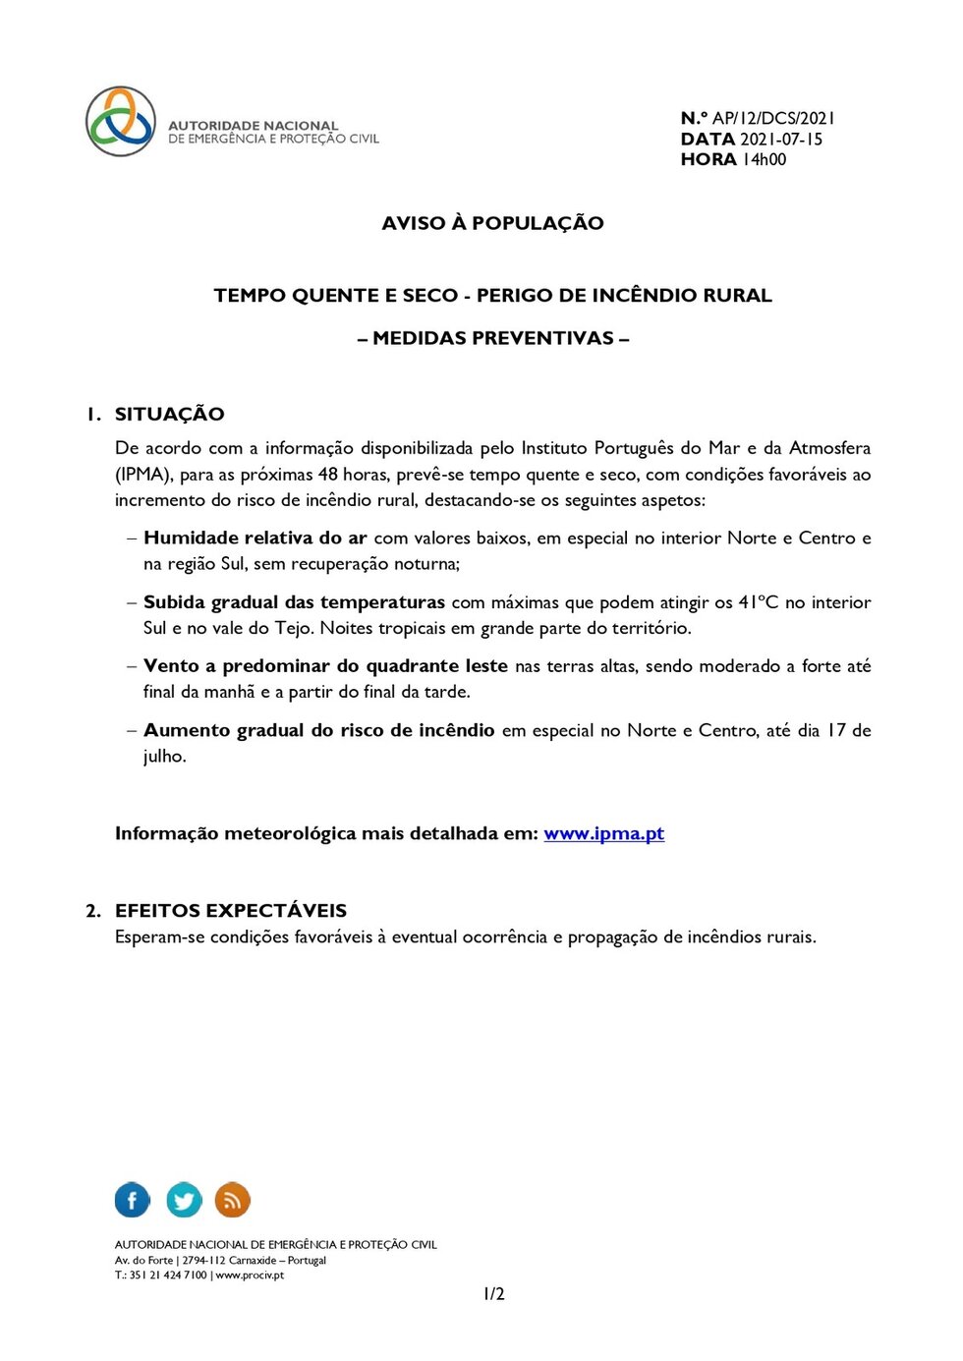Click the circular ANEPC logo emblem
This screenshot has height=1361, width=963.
pos(121,121)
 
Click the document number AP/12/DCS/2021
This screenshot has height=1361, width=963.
pos(773,118)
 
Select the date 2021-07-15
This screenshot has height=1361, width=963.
pos(780,139)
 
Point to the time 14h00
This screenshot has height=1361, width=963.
pos(764,159)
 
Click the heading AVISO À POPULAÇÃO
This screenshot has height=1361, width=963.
pos(492,223)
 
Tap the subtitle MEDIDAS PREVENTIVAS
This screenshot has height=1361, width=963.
pos(493,338)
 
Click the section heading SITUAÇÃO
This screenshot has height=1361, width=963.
pos(169,414)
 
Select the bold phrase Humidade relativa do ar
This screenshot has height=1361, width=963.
pos(255,538)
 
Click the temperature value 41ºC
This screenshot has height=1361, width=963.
pos(758,602)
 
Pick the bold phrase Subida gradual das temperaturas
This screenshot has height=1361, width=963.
pos(294,602)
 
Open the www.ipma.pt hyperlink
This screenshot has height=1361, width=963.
pos(603,833)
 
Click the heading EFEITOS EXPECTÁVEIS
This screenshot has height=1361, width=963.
pos(230,910)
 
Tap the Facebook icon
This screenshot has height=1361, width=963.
pos(133,1200)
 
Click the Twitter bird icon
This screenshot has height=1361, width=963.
pos(184,1200)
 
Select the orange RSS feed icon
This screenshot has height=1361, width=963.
pos(233,1200)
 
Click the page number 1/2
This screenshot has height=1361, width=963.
pos(493,1294)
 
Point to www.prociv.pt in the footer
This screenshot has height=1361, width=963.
pos(250,1276)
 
